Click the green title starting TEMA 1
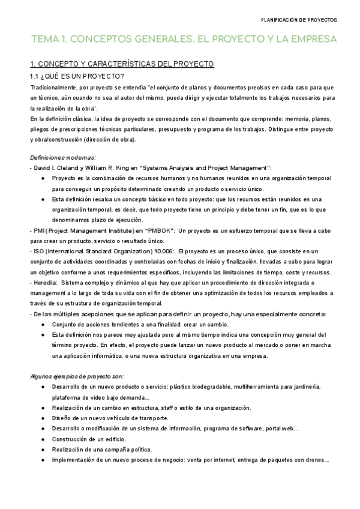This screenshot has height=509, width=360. pyautogui.click(x=184, y=40)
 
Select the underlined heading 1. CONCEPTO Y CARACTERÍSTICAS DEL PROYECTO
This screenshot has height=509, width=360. pyautogui.click(x=122, y=63)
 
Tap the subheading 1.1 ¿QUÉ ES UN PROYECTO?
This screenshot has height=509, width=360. pyautogui.click(x=77, y=76)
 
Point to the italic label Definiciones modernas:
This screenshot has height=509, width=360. pyautogui.click(x=59, y=157)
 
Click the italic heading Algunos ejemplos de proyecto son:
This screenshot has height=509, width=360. pyautogui.click(x=77, y=376)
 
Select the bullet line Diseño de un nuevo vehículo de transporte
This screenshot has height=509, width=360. pyautogui.click(x=110, y=418)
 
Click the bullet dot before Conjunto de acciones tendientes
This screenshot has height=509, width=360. pyautogui.click(x=42, y=325)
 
